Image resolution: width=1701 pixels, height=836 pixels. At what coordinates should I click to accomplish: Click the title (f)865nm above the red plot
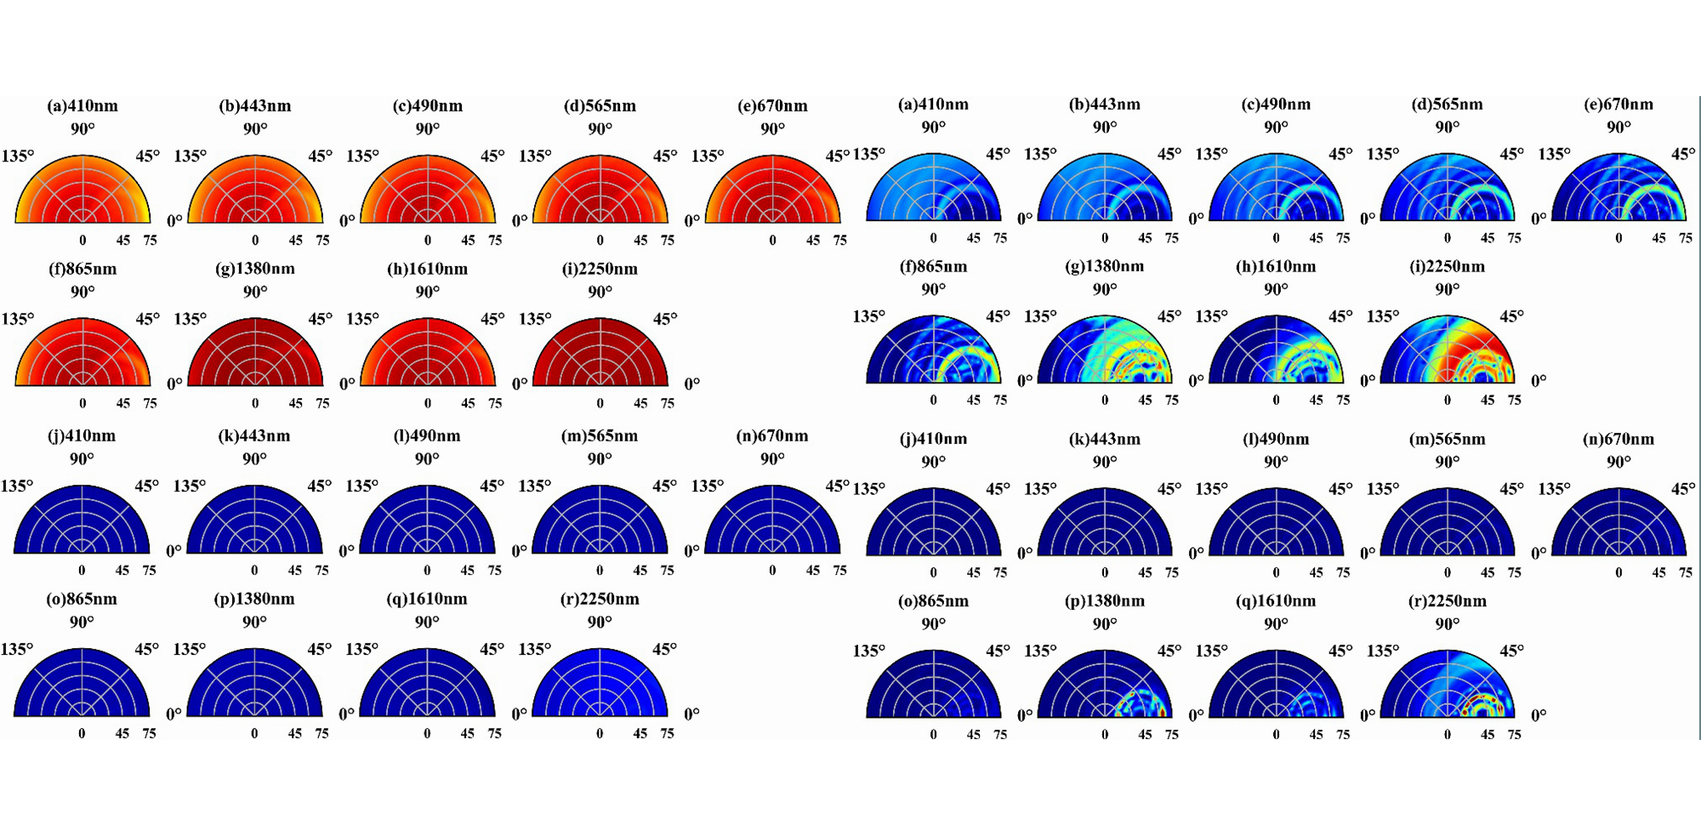click(x=82, y=269)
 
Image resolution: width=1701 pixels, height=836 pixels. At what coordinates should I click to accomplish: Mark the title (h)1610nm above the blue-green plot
click(x=1276, y=266)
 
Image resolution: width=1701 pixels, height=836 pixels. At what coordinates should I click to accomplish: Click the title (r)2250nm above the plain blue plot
click(x=600, y=599)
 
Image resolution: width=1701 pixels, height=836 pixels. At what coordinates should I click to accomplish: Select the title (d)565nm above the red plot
click(x=600, y=105)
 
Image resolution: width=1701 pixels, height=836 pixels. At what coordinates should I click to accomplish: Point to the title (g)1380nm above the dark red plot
click(x=255, y=269)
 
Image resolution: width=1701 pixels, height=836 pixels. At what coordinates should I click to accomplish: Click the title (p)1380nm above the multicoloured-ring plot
click(x=1105, y=600)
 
